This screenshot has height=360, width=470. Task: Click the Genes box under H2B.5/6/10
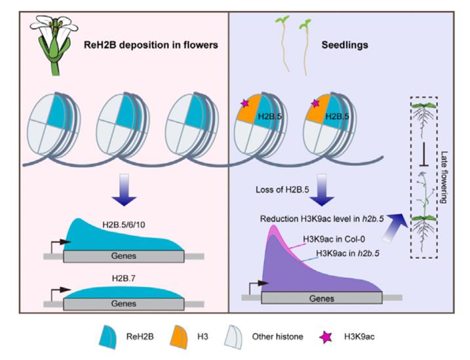pyautogui.click(x=123, y=256)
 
